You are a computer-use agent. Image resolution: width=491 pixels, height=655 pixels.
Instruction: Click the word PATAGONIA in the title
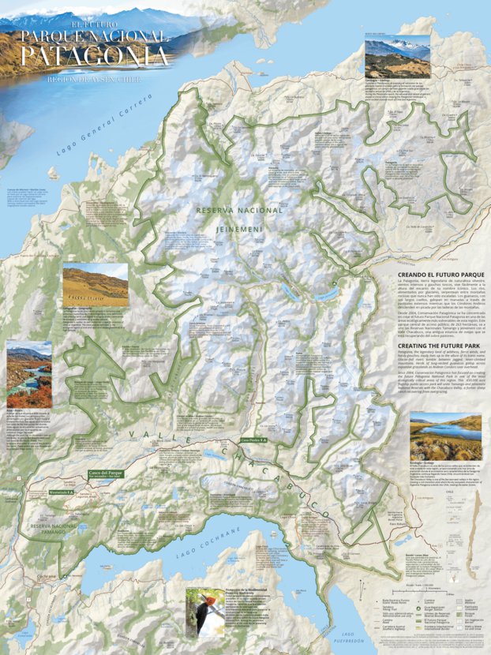[95, 56]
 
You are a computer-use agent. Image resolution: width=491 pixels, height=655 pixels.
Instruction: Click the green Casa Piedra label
[253, 439]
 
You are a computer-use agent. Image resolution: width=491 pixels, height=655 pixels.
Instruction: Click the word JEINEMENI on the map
[239, 227]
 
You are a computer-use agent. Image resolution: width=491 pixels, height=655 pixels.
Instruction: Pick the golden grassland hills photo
[95, 284]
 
